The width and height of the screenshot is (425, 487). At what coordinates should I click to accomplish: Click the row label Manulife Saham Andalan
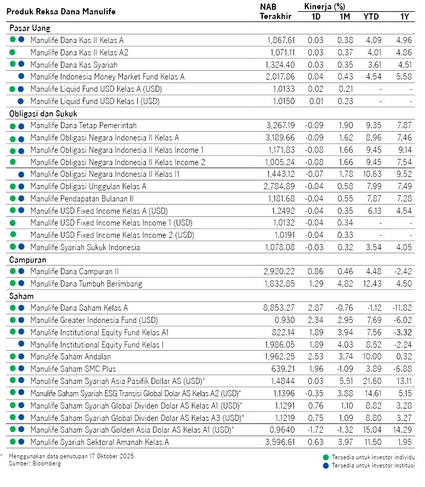71,356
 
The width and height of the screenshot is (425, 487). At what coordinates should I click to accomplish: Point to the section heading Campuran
28,260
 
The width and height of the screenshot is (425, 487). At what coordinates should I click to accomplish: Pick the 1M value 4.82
345,283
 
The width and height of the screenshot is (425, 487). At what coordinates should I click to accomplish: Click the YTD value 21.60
372,381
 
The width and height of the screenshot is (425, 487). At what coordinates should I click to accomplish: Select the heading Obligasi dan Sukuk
43,114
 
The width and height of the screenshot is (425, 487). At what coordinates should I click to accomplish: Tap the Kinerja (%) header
325,7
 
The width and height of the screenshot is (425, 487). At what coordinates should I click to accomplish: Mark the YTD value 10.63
372,174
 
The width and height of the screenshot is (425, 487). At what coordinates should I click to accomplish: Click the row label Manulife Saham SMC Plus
73,369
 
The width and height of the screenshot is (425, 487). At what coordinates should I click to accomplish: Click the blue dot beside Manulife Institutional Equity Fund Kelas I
22,344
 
